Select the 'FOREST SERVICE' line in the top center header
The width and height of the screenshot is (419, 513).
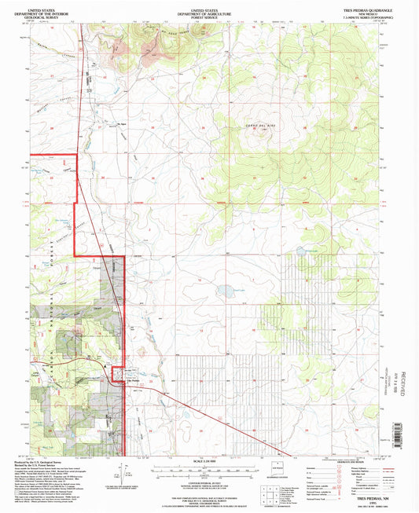pyautogui.click(x=208, y=16)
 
